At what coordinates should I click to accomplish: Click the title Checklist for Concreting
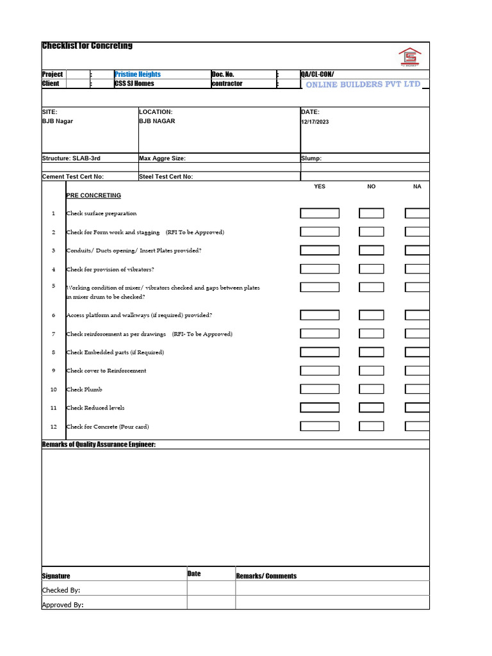(x=87, y=46)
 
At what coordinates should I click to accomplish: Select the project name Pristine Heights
(x=138, y=74)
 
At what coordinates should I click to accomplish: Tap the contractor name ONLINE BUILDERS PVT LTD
(x=363, y=85)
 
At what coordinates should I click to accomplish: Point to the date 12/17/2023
(x=315, y=122)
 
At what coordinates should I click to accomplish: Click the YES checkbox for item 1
(x=320, y=213)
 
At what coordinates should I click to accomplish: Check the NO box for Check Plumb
(x=372, y=389)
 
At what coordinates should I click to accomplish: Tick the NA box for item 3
(x=417, y=250)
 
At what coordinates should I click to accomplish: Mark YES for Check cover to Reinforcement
(x=320, y=370)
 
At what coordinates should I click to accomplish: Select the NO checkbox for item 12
(x=372, y=426)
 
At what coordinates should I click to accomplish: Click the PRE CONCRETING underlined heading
(x=94, y=195)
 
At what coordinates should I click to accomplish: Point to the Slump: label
(x=311, y=158)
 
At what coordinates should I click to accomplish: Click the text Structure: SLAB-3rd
(x=71, y=158)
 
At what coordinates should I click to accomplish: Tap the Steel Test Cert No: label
(x=166, y=177)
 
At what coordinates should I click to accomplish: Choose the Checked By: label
(x=61, y=590)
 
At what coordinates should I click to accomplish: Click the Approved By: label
(x=63, y=605)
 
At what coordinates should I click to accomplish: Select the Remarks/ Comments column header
(x=266, y=576)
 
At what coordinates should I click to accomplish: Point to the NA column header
(x=417, y=186)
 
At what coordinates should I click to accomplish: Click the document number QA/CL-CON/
(x=317, y=74)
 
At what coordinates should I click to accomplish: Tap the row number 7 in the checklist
(x=53, y=334)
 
